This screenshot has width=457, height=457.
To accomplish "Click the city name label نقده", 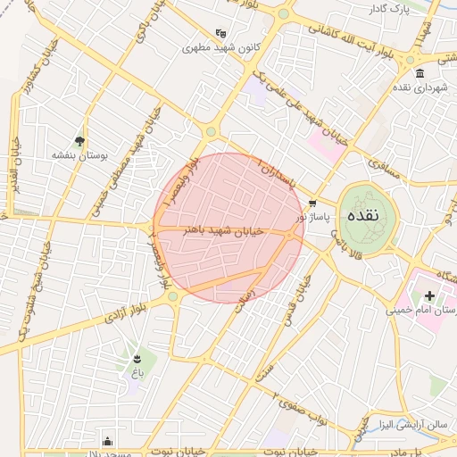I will point(368,215).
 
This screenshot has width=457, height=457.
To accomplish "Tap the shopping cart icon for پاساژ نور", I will point(312,203).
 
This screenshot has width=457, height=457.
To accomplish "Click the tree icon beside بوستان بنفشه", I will point(80,141).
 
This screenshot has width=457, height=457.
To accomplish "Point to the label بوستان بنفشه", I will point(79,155).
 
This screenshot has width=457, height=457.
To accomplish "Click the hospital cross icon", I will point(429,295).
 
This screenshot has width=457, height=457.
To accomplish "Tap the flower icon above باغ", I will point(136,359).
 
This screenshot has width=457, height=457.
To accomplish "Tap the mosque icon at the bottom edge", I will point(108,440).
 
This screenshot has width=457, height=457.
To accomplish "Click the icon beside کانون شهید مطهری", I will point(220,33).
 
